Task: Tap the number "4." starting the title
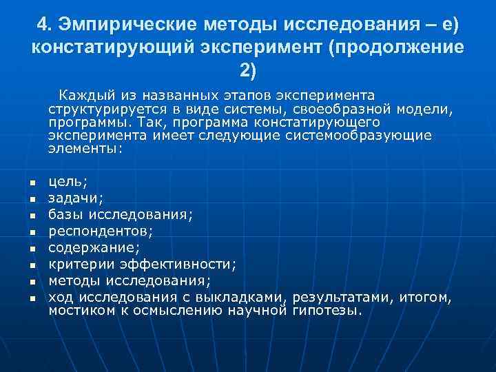45,25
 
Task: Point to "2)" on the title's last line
248,70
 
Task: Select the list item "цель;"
68,182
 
